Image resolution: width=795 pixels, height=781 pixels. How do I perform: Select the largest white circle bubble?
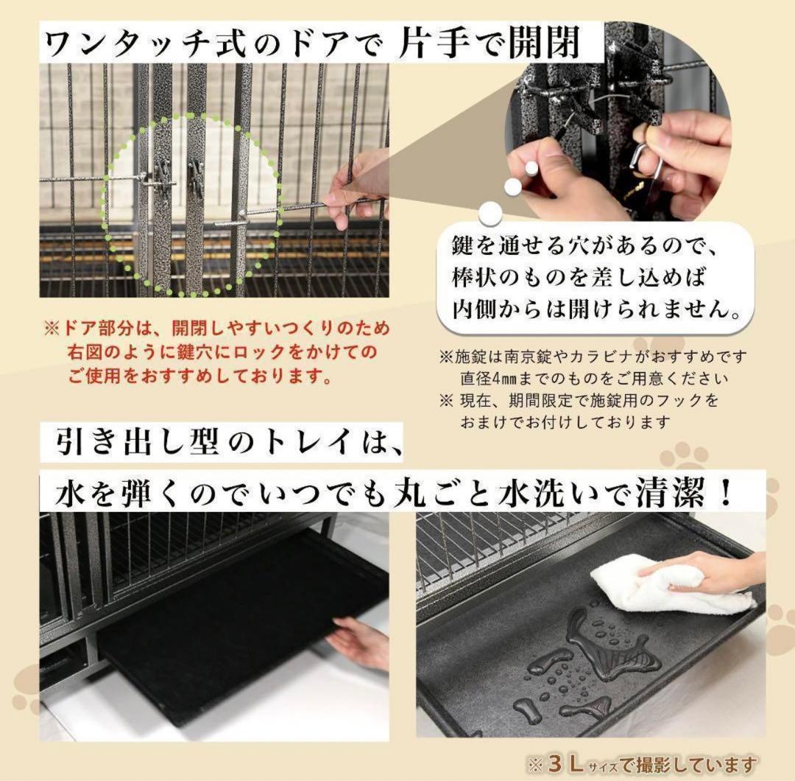(490, 214)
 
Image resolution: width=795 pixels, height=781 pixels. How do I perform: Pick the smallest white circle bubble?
(531, 168)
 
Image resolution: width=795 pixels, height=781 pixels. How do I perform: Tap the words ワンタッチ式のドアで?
(213, 46)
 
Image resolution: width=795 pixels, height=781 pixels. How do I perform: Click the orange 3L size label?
(563, 763)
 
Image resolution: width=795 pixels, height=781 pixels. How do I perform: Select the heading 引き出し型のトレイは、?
(228, 444)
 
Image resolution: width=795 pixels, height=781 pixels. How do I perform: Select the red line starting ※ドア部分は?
(217, 328)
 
